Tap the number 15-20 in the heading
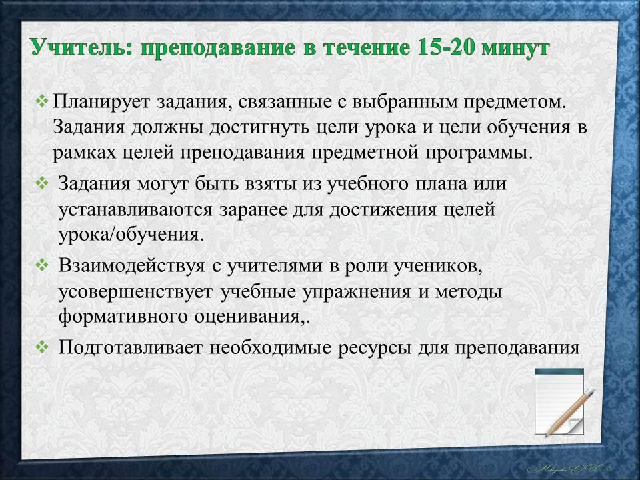click(446, 47)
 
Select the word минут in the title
click(516, 48)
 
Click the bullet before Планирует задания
click(41, 101)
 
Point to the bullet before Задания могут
click(41, 183)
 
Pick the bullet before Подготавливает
click(41, 347)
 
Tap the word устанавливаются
click(135, 210)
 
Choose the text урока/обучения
click(131, 235)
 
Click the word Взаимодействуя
click(131, 266)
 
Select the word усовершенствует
click(135, 292)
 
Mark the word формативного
click(123, 317)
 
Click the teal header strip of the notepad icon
click(559, 371)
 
